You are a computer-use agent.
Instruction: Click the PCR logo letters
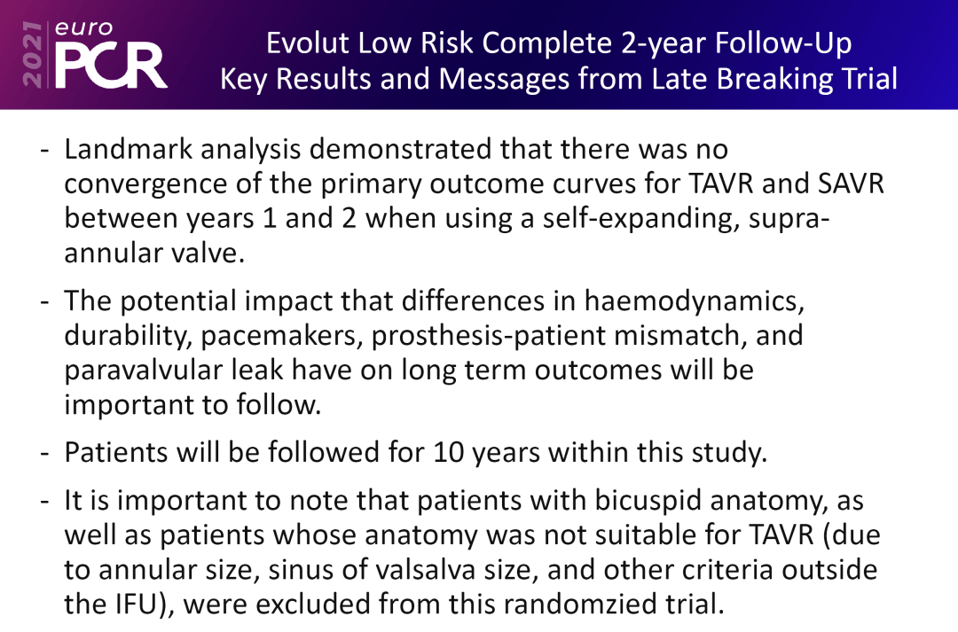[x=111, y=64]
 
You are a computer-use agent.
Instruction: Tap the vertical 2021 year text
[x=32, y=55]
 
